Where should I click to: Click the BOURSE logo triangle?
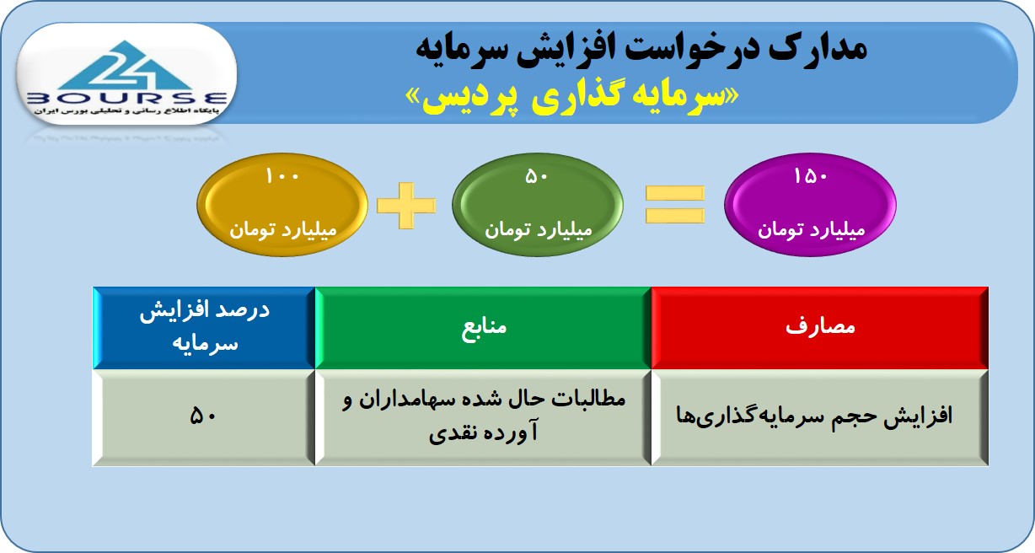[x=124, y=66]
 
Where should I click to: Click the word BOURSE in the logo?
[x=126, y=99]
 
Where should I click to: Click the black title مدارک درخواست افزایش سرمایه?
[x=641, y=50]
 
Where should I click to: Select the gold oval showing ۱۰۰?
[x=282, y=205]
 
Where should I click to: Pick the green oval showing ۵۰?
[x=538, y=205]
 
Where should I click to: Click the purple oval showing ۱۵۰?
[x=810, y=205]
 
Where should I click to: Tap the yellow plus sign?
[x=406, y=206]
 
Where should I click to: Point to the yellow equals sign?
[x=675, y=205]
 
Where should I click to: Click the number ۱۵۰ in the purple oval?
[x=811, y=176]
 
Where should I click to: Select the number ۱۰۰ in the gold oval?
[x=282, y=176]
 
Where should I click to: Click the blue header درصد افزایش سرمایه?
[x=204, y=328]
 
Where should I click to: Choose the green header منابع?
[x=483, y=328]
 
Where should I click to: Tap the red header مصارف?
[x=820, y=328]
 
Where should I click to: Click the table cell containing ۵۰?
[x=204, y=417]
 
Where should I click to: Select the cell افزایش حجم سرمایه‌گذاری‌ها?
[x=820, y=417]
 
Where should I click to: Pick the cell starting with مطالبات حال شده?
[x=483, y=417]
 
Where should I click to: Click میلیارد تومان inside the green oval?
[x=539, y=229]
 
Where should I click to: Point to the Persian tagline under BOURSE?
[x=126, y=111]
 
